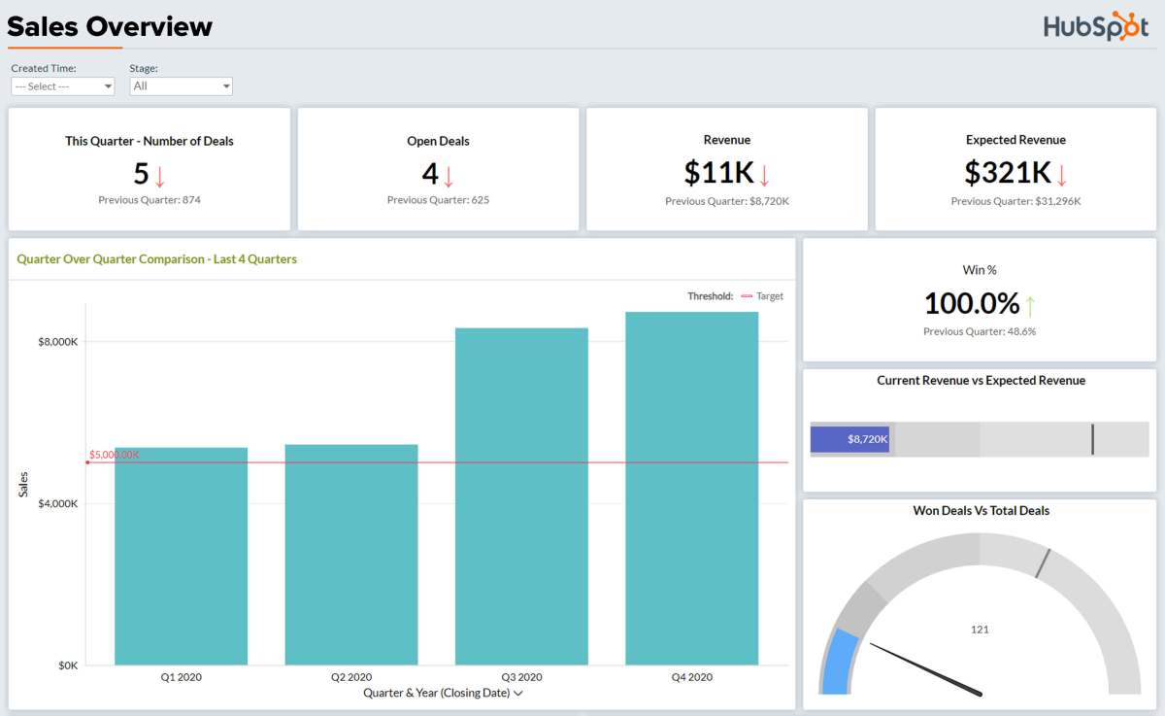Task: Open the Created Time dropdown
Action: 62,86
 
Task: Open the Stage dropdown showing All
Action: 181,86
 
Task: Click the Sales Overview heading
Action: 109,26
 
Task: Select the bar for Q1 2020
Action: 181,556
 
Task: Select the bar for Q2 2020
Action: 350,554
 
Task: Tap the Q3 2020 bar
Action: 521,495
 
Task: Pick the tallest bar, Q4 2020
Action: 691,488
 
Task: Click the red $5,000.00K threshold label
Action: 115,455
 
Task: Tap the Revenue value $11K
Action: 718,173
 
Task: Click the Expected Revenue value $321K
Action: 1007,173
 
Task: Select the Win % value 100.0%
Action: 971,304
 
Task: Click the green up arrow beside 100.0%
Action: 1030,306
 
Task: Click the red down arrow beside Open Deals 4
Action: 449,176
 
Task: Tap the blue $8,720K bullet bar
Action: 849,439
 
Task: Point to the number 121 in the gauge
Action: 980,630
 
